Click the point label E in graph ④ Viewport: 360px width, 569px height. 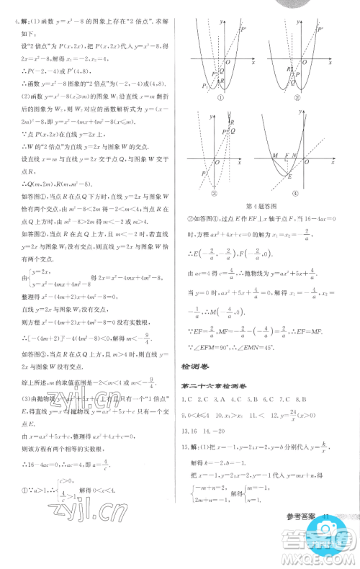[x=289, y=177]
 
